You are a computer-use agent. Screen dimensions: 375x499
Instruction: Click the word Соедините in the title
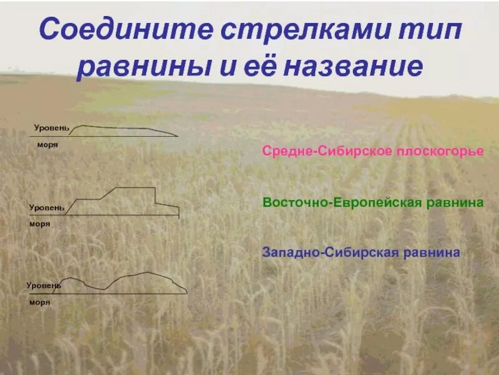click(x=122, y=32)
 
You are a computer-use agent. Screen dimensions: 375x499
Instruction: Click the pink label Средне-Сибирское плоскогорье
click(x=373, y=152)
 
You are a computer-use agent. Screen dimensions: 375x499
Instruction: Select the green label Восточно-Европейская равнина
click(x=373, y=203)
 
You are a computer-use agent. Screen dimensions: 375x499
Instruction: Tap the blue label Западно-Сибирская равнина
click(x=362, y=252)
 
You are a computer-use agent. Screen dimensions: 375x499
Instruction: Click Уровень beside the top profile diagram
click(x=51, y=127)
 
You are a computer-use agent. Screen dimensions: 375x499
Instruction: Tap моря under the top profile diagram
click(x=47, y=144)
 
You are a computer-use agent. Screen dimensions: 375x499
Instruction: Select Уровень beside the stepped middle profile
click(x=47, y=206)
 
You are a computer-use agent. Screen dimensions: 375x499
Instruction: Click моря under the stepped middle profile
click(x=40, y=223)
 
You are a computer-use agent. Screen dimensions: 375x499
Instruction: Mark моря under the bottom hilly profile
click(x=39, y=302)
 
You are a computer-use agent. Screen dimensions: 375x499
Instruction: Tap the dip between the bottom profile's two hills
click(x=100, y=289)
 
